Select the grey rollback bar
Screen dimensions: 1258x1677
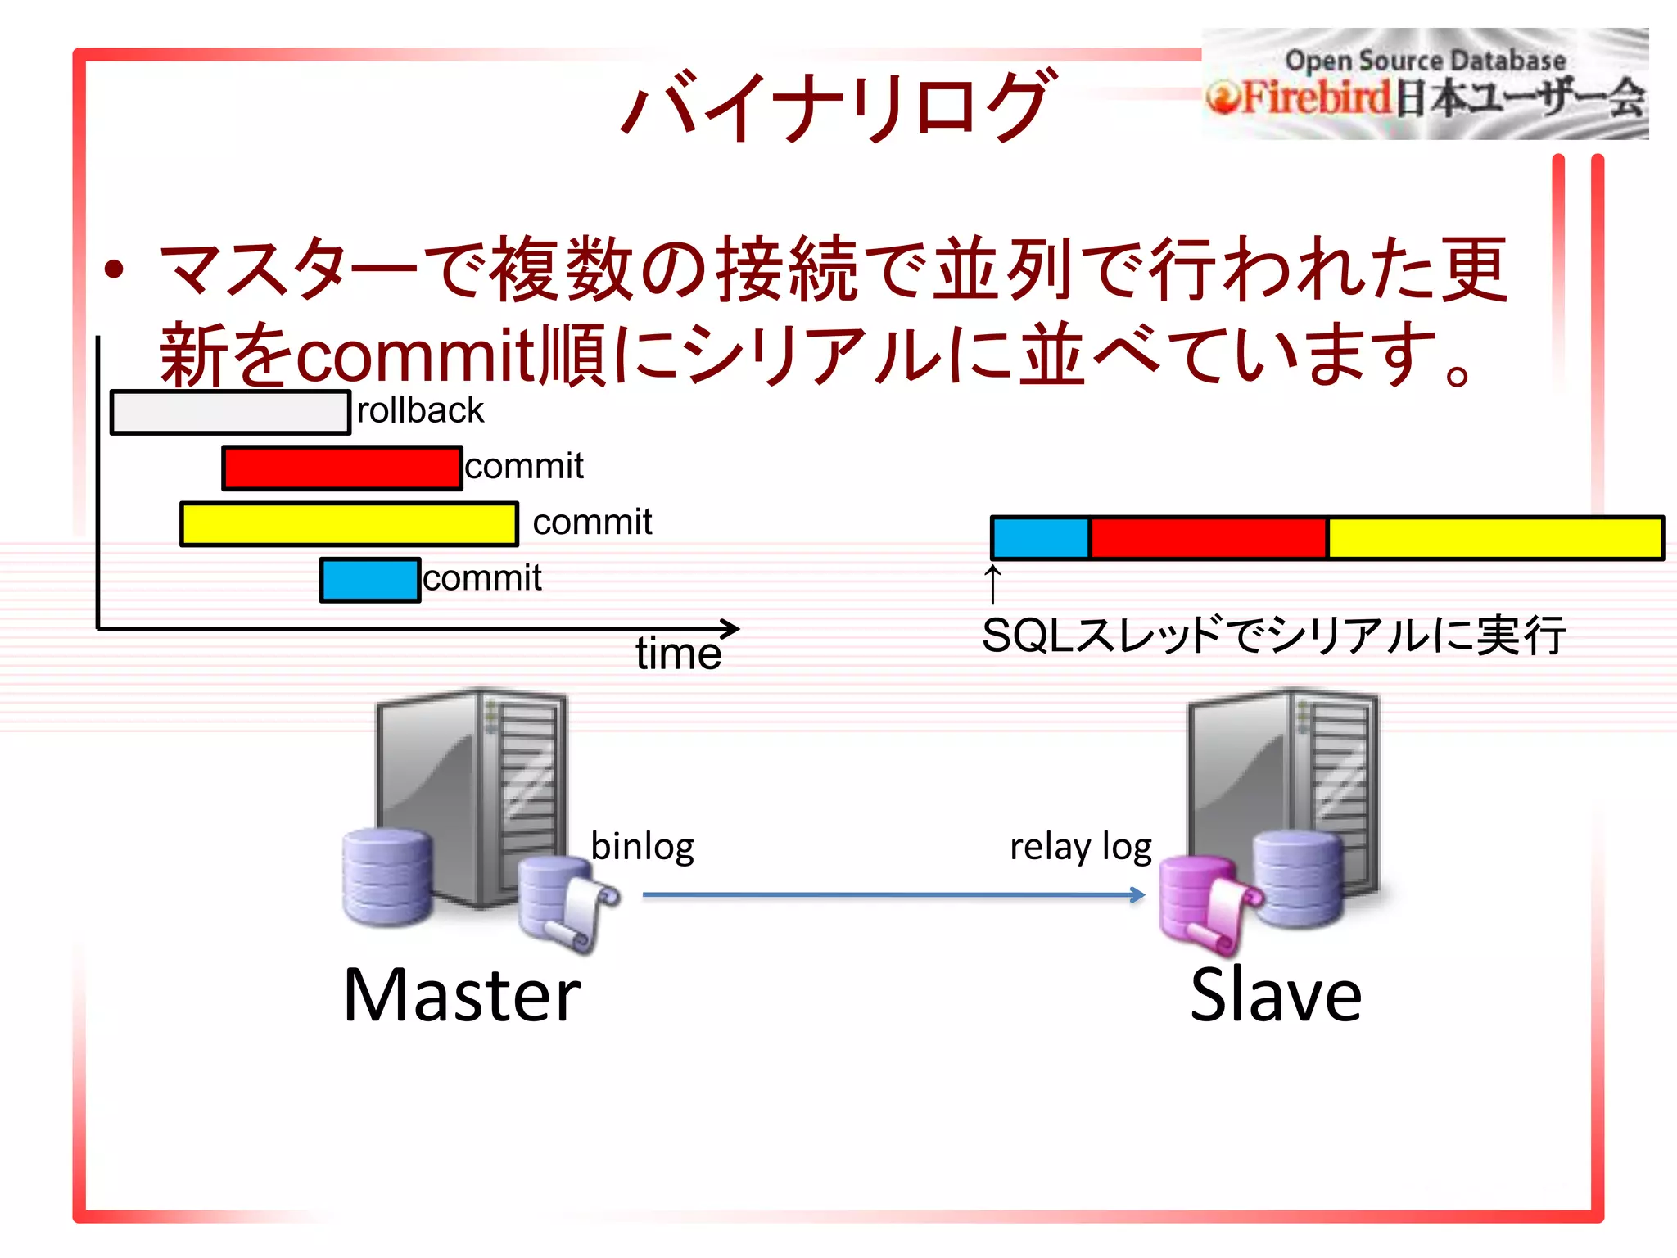click(230, 412)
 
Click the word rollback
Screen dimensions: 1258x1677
click(420, 410)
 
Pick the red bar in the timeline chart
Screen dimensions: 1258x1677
click(341, 468)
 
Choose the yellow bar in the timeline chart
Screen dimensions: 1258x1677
click(349, 524)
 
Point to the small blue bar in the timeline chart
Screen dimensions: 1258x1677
click(370, 580)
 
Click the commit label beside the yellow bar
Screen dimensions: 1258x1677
click(592, 523)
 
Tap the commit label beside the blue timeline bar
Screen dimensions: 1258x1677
click(482, 578)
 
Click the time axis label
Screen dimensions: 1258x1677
click(678, 654)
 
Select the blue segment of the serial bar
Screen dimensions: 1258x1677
click(1040, 538)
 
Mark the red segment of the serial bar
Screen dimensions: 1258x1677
click(1208, 538)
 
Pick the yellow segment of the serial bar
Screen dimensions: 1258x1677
click(1494, 538)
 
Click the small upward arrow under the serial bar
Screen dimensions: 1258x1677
click(992, 583)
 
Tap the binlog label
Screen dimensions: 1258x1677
click(642, 846)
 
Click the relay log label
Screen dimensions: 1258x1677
click(1081, 847)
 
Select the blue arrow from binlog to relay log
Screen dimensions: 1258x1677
click(893, 895)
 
